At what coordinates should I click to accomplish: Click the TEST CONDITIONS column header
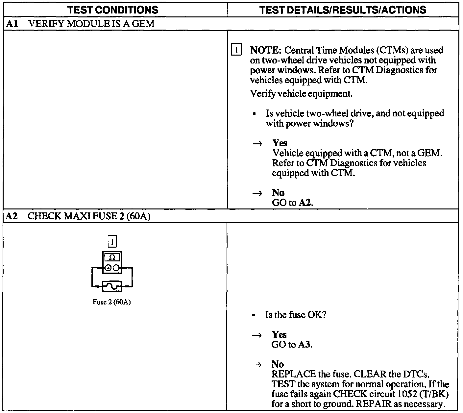coord(113,10)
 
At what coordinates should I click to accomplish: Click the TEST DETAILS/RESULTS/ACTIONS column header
coord(343,10)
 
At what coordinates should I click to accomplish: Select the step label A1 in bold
coord(11,24)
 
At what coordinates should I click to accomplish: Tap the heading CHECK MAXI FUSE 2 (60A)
coord(89,216)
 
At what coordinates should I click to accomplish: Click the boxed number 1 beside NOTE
coord(236,50)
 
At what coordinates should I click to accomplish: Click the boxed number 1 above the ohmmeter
coord(112,242)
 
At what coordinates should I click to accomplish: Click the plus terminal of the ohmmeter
coord(108,268)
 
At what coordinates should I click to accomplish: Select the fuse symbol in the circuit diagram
coord(112,286)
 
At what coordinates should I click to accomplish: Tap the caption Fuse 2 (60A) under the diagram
coord(112,302)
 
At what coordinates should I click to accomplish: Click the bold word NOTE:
coord(266,50)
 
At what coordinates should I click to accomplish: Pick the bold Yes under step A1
coord(280,143)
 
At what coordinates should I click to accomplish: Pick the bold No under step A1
coord(278,193)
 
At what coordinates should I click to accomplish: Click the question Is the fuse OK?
coord(296,315)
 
